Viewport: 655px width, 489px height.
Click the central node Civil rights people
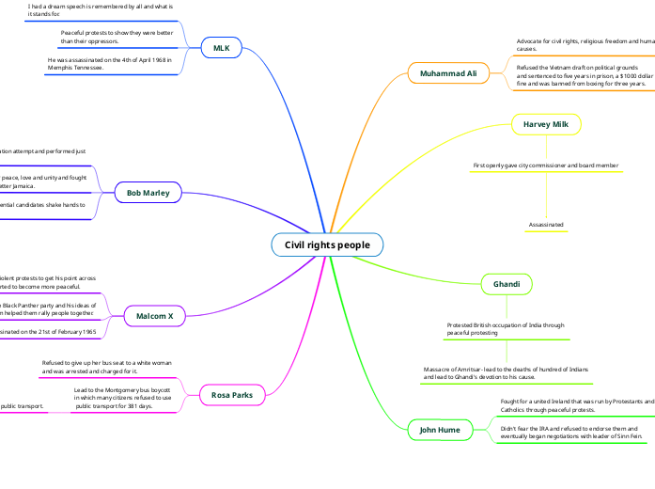pyautogui.click(x=327, y=244)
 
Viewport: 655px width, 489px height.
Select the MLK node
pyautogui.click(x=222, y=48)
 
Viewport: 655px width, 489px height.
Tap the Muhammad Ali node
pyautogui.click(x=448, y=72)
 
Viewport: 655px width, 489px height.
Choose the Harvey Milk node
pyautogui.click(x=546, y=124)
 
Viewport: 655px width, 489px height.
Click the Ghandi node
pyautogui.click(x=507, y=284)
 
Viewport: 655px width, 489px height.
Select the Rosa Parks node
pyautogui.click(x=232, y=395)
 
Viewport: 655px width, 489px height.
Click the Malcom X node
pyautogui.click(x=154, y=316)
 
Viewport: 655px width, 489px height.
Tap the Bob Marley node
pyautogui.click(x=148, y=193)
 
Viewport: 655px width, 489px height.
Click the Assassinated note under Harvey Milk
pyautogui.click(x=546, y=226)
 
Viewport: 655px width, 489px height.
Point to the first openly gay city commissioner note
pyautogui.click(x=546, y=166)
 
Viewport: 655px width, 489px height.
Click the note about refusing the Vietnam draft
pyautogui.click(x=583, y=76)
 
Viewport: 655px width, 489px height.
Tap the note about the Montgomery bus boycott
pyautogui.click(x=123, y=398)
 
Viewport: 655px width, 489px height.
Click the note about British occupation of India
pyautogui.click(x=506, y=328)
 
